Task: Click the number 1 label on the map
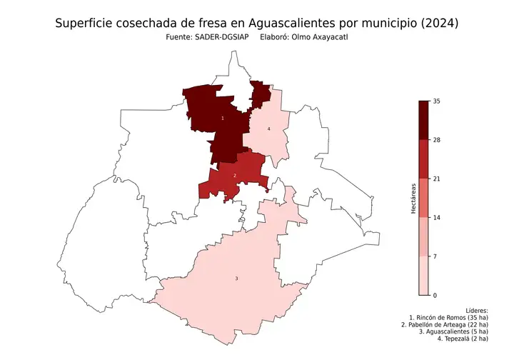click(x=223, y=118)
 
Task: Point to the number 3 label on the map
click(x=236, y=279)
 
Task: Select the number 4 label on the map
click(x=268, y=129)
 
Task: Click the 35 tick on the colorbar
click(x=435, y=101)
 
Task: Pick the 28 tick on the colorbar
click(x=435, y=140)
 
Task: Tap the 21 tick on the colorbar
click(x=435, y=179)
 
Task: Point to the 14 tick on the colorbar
click(x=435, y=217)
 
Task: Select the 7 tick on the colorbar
click(x=435, y=256)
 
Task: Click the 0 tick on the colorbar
click(x=435, y=294)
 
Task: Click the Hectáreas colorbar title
click(x=413, y=198)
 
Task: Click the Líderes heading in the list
click(x=476, y=311)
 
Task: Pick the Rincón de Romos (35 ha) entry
click(x=448, y=318)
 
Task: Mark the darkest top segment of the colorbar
click(x=423, y=120)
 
